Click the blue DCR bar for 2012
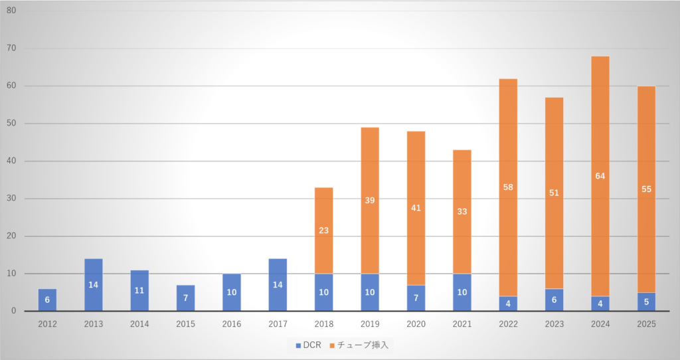point(47,300)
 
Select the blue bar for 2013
point(93,285)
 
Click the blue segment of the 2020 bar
point(416,298)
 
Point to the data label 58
point(508,188)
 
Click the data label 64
point(600,176)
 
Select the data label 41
point(416,208)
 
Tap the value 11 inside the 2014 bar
point(139,290)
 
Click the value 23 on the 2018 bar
point(323,230)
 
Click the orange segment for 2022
point(508,133)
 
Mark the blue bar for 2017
point(278,285)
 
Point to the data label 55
point(646,189)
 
